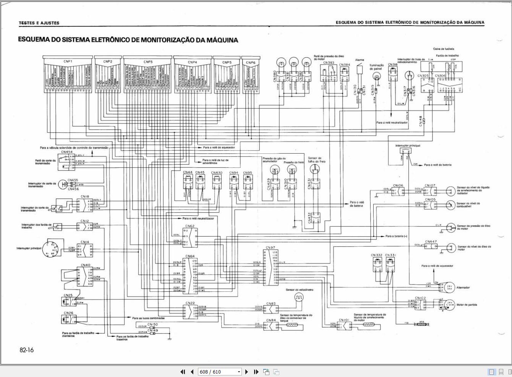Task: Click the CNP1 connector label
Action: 68,62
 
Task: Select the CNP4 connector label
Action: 192,62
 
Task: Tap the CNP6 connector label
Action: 251,62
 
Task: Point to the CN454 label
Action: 67,152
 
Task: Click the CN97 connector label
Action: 270,248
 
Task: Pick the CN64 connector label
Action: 190,256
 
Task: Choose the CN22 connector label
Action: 190,303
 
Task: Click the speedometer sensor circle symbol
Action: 299,297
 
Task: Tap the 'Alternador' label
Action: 463,288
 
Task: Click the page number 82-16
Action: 27,350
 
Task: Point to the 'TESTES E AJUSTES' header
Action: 39,23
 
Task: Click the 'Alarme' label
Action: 360,60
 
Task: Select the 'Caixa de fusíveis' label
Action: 444,49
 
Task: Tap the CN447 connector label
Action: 431,242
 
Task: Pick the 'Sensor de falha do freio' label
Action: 317,159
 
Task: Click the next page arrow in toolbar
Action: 246,372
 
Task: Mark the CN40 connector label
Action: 86,265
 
